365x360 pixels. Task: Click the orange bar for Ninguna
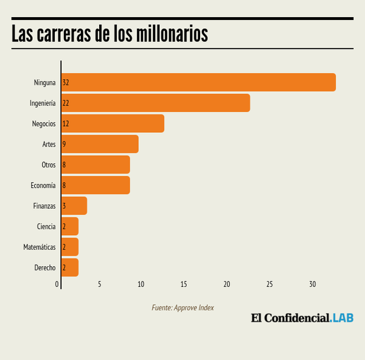(198, 82)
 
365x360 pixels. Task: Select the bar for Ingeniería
(156, 103)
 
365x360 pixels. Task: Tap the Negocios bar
(113, 124)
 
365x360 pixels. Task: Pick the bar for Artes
(100, 144)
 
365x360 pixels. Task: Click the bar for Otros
(96, 164)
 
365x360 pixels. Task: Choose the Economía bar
(96, 185)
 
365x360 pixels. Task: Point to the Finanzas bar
(74, 206)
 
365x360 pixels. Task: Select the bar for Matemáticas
(70, 247)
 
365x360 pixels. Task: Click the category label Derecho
(45, 267)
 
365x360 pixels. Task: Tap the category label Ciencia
(46, 227)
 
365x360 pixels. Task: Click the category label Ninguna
(44, 82)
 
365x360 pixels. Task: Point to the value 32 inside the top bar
(66, 82)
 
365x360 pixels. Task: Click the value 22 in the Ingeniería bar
(66, 103)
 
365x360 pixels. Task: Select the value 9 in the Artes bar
(64, 144)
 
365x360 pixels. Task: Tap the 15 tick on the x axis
(184, 284)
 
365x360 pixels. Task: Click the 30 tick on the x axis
(312, 284)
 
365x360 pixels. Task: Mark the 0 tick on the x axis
(57, 284)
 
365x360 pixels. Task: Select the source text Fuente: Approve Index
(182, 308)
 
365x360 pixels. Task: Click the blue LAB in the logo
(342, 317)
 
